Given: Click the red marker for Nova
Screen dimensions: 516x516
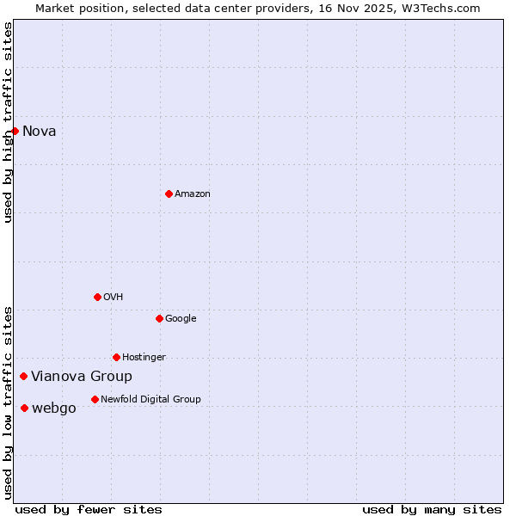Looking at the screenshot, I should (15, 131).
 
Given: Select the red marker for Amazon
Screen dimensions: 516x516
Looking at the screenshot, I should (169, 193).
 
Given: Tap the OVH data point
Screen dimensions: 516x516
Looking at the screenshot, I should (97, 297).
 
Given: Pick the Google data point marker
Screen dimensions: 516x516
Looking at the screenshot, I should (159, 318).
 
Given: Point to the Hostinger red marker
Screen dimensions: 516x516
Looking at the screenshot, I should (116, 357).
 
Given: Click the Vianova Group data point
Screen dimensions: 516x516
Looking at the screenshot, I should (23, 376).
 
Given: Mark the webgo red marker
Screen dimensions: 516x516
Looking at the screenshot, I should (24, 408).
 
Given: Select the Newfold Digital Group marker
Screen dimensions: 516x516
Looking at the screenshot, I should (95, 399).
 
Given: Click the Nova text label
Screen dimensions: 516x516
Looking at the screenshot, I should (40, 131).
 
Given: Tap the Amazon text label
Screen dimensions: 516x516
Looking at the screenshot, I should (193, 194).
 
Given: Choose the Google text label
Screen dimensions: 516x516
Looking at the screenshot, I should (181, 319).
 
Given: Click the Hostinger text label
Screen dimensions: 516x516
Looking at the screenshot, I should (144, 358).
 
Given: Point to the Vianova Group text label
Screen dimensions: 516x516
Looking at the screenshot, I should (82, 377).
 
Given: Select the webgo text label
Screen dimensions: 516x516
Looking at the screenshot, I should (54, 408).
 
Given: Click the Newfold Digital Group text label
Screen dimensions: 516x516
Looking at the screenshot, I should (150, 400).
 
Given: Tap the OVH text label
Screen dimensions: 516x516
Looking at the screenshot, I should (113, 298).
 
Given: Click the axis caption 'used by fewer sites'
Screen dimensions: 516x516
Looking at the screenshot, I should (89, 509).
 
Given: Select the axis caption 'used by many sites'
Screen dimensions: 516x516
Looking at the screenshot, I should (432, 509).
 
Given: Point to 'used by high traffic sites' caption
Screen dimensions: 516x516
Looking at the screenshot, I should (9, 122).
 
